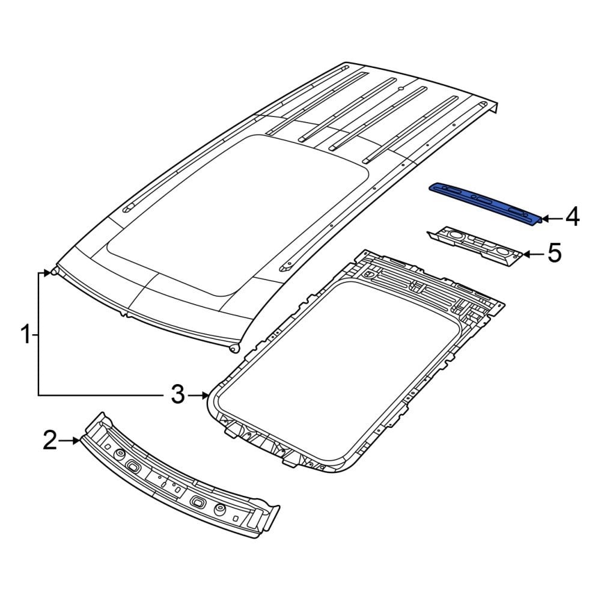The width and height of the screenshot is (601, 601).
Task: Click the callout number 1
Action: (25, 334)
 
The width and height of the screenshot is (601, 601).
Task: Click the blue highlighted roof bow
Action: (484, 204)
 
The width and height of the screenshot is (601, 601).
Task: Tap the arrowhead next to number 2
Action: (76, 441)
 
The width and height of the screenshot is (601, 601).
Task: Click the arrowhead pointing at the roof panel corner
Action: (46, 273)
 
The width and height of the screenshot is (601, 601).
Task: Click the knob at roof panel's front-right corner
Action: (234, 349)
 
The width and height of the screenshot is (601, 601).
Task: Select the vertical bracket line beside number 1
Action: (38, 334)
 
